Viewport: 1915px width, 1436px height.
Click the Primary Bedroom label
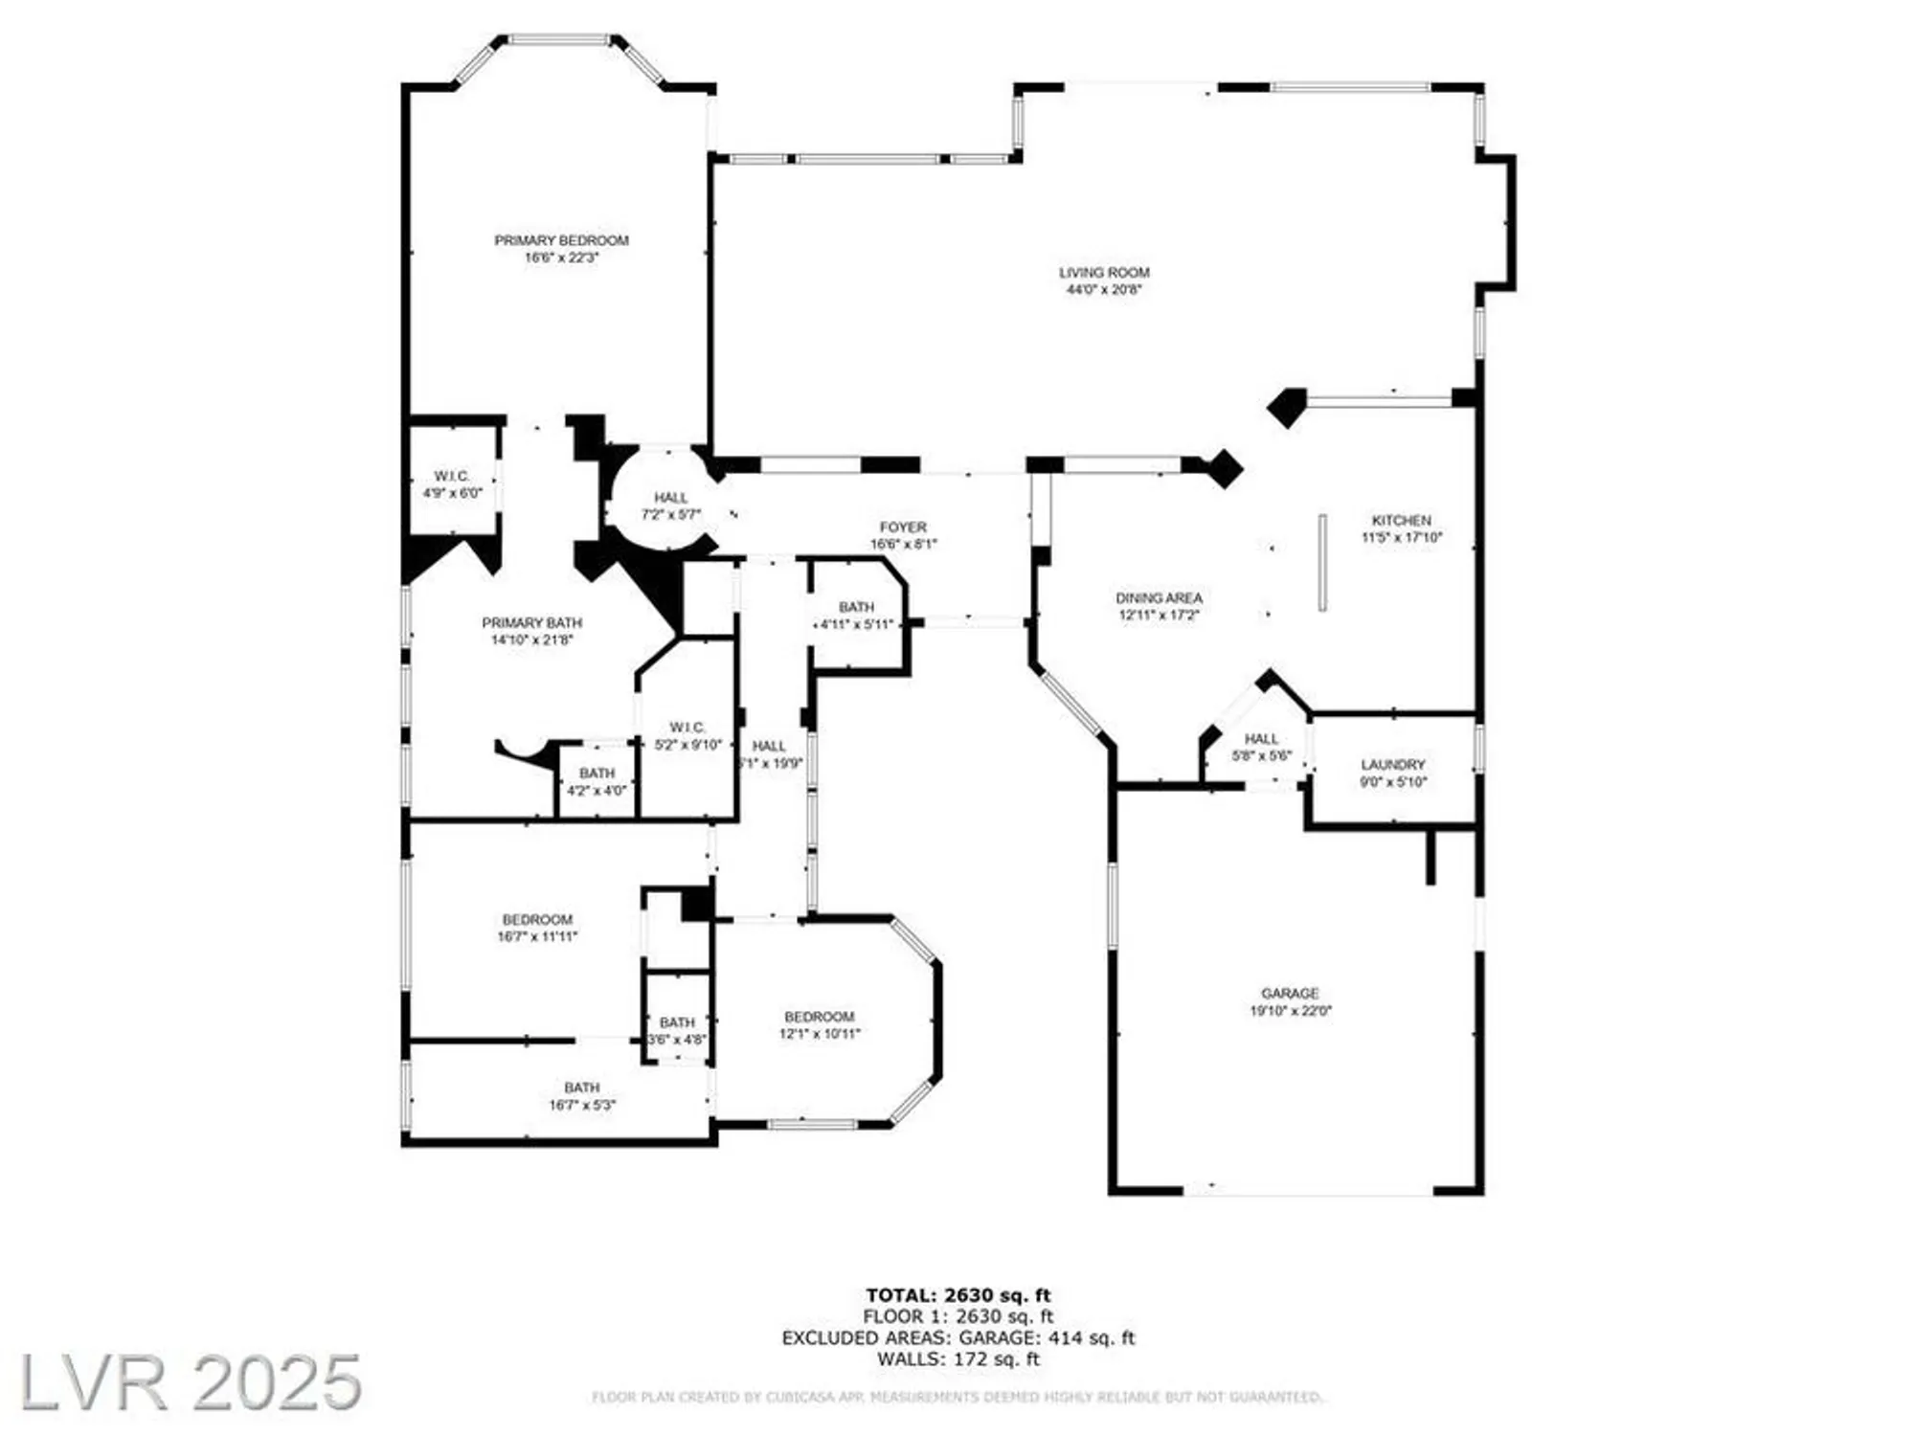561,240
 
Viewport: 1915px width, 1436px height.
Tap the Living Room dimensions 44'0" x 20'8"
1104,289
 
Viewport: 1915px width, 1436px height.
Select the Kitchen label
1401,520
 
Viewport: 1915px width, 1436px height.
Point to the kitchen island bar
1322,563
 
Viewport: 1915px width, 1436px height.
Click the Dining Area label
1159,597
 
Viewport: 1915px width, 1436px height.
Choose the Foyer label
903,527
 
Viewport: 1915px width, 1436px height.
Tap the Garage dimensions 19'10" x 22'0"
1290,1011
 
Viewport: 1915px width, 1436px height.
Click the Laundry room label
1393,764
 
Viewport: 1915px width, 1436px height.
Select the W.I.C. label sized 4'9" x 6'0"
452,476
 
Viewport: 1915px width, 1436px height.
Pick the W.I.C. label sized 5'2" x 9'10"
687,728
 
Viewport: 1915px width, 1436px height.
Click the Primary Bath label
531,622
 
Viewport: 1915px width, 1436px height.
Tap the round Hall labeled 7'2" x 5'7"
670,498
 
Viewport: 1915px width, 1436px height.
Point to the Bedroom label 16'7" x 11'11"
537,919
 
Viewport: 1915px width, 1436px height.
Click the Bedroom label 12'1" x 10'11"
819,1017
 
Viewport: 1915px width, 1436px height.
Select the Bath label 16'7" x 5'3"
581,1088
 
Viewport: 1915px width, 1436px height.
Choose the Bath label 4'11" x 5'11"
856,607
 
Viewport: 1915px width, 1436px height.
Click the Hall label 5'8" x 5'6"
1261,739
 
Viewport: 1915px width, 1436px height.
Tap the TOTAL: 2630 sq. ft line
957,1296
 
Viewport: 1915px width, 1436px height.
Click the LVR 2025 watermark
190,1381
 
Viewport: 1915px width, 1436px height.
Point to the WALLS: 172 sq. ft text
957,1358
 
